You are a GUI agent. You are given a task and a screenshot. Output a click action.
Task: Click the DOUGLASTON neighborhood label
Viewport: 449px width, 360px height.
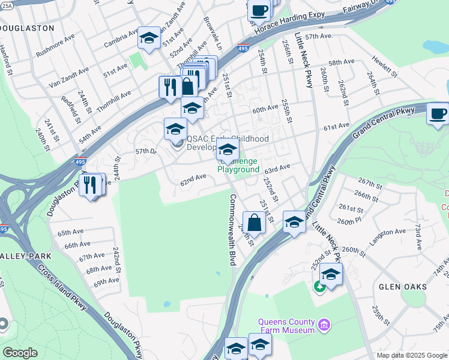coord(27,28)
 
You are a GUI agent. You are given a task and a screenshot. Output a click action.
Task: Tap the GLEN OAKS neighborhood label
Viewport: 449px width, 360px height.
coord(402,287)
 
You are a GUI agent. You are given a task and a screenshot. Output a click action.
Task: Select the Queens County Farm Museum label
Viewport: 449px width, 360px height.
coord(286,326)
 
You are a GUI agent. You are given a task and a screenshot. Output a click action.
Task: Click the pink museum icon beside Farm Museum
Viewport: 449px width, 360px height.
coord(325,326)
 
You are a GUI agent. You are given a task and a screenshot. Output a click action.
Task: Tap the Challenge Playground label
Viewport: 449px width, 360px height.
coord(239,166)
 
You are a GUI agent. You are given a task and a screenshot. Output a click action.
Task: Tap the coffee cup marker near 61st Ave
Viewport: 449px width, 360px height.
coord(438,113)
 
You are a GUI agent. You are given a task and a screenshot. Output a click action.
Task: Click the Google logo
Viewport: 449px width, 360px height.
coord(20,353)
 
